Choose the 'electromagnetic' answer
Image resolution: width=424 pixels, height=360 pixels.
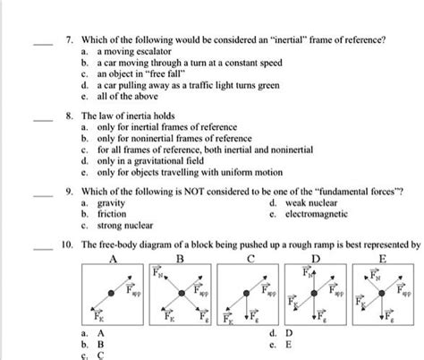[x=316, y=216]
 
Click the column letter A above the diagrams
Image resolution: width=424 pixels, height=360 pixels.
[x=114, y=257]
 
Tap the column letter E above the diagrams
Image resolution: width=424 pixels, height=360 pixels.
[x=383, y=257]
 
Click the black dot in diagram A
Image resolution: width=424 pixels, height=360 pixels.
[x=113, y=293]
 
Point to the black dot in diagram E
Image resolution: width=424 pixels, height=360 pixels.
[x=382, y=294]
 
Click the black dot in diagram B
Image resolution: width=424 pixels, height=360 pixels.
[x=181, y=292]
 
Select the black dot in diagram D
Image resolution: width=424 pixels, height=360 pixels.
[x=315, y=292]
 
